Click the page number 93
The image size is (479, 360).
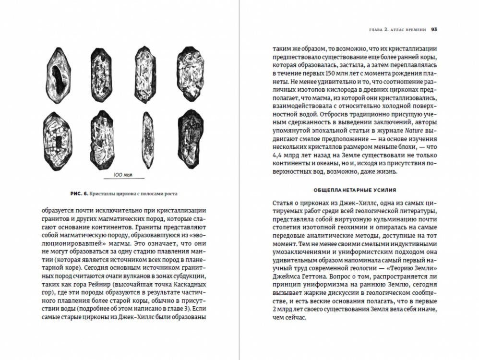pos(433,29)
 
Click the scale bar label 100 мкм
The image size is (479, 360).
pos(120,175)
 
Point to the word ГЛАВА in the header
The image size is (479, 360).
pos(368,29)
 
